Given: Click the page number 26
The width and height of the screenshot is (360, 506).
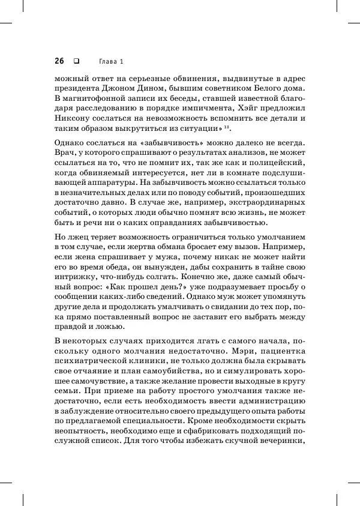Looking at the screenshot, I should click(59, 61).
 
